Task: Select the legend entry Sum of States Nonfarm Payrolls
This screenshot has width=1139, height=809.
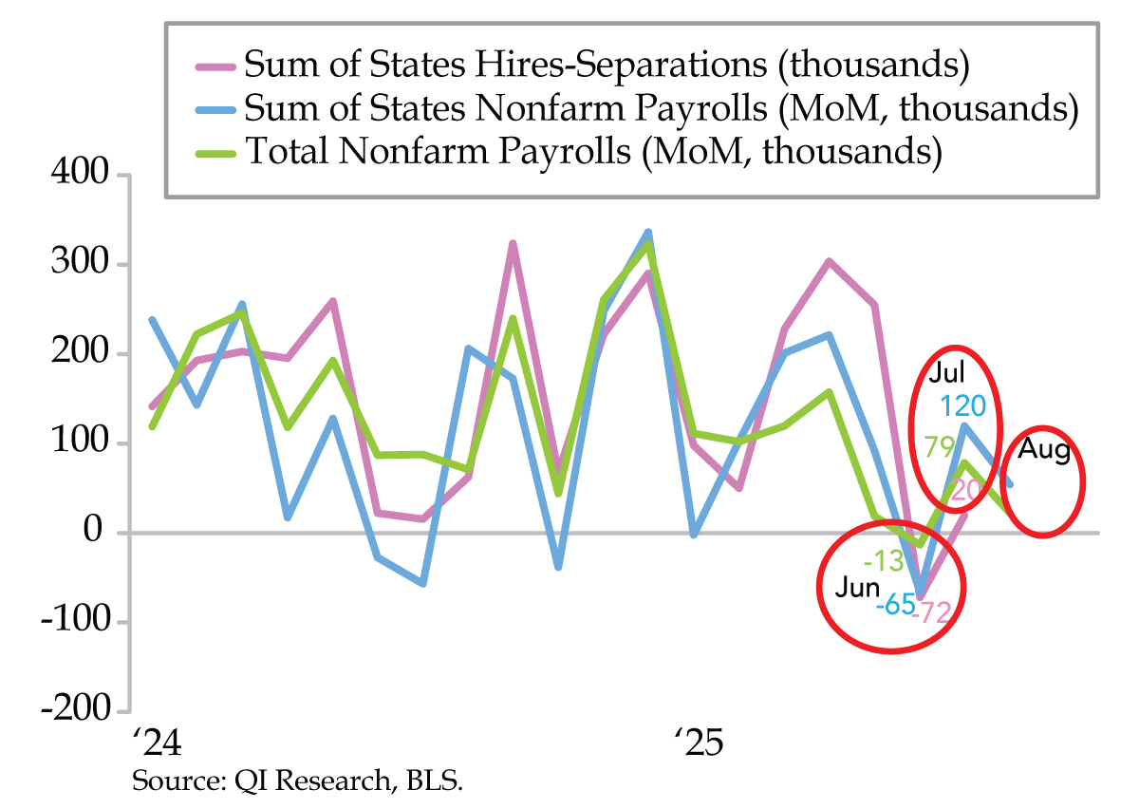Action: [661, 107]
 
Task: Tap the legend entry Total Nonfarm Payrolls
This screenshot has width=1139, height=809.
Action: [592, 151]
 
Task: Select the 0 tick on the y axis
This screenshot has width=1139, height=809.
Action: [95, 532]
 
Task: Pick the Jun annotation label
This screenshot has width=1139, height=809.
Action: [857, 588]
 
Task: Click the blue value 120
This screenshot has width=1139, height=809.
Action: [963, 406]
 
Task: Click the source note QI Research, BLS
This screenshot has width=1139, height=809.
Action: [302, 782]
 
